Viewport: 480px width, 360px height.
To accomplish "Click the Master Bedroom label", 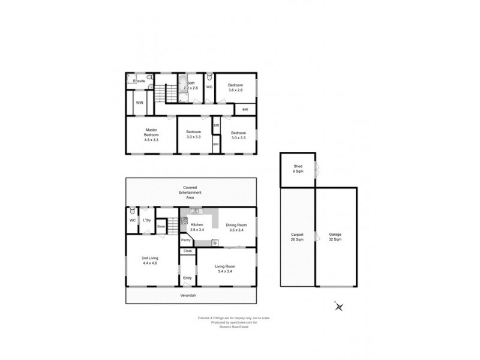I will [x=151, y=134].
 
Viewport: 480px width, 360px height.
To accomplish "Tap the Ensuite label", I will [x=139, y=81].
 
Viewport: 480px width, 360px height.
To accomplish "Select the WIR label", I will [x=139, y=103].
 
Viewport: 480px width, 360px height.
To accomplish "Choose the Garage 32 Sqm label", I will [x=335, y=238].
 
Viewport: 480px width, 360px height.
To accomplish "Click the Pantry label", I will [x=186, y=240].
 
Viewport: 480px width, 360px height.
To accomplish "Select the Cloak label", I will [x=187, y=251].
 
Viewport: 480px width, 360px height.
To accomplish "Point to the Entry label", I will [x=187, y=278].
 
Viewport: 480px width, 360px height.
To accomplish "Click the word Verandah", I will [x=189, y=296].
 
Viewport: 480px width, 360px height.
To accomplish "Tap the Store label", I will [x=161, y=226].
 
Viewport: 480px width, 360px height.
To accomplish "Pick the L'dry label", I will [x=146, y=220].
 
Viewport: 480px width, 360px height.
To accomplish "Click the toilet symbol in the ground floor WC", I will [x=132, y=211].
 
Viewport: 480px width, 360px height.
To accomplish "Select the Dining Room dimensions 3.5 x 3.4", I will [x=236, y=230].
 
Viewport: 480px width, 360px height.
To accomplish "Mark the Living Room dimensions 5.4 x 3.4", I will [x=226, y=271].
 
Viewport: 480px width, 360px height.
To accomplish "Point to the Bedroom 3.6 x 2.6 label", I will [x=235, y=90].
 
